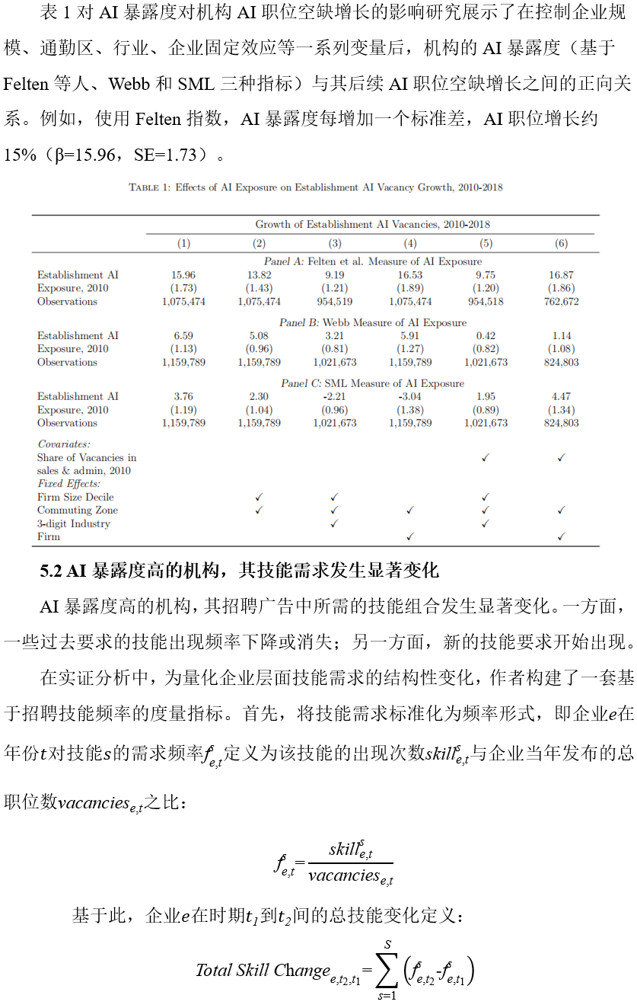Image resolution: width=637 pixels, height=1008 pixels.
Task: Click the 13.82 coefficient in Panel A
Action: point(259,275)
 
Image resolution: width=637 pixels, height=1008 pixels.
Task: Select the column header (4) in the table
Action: point(410,244)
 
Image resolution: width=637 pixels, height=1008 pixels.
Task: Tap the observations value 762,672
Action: point(561,302)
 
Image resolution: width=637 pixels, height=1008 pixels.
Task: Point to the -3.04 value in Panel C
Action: point(410,397)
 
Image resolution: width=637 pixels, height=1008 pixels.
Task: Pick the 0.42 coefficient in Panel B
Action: point(486,336)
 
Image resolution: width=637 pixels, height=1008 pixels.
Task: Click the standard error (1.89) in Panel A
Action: point(410,289)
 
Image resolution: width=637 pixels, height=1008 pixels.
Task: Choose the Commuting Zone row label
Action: point(78,510)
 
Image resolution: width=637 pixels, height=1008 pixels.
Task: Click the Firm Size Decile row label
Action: point(75,498)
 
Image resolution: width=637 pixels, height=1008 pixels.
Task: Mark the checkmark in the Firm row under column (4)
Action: point(410,537)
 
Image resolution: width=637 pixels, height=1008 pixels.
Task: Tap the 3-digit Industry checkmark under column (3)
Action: point(335,524)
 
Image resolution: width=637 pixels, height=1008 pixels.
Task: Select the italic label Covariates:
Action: point(64,443)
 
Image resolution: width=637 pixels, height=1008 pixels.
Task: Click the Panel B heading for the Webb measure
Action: point(372,323)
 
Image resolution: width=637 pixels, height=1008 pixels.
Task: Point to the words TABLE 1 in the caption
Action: point(148,187)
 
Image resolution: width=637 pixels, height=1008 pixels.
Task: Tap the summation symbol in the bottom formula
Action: point(387,970)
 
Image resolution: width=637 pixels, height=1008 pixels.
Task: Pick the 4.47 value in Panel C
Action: point(561,397)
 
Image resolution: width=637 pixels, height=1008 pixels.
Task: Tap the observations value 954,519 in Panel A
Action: point(335,302)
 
